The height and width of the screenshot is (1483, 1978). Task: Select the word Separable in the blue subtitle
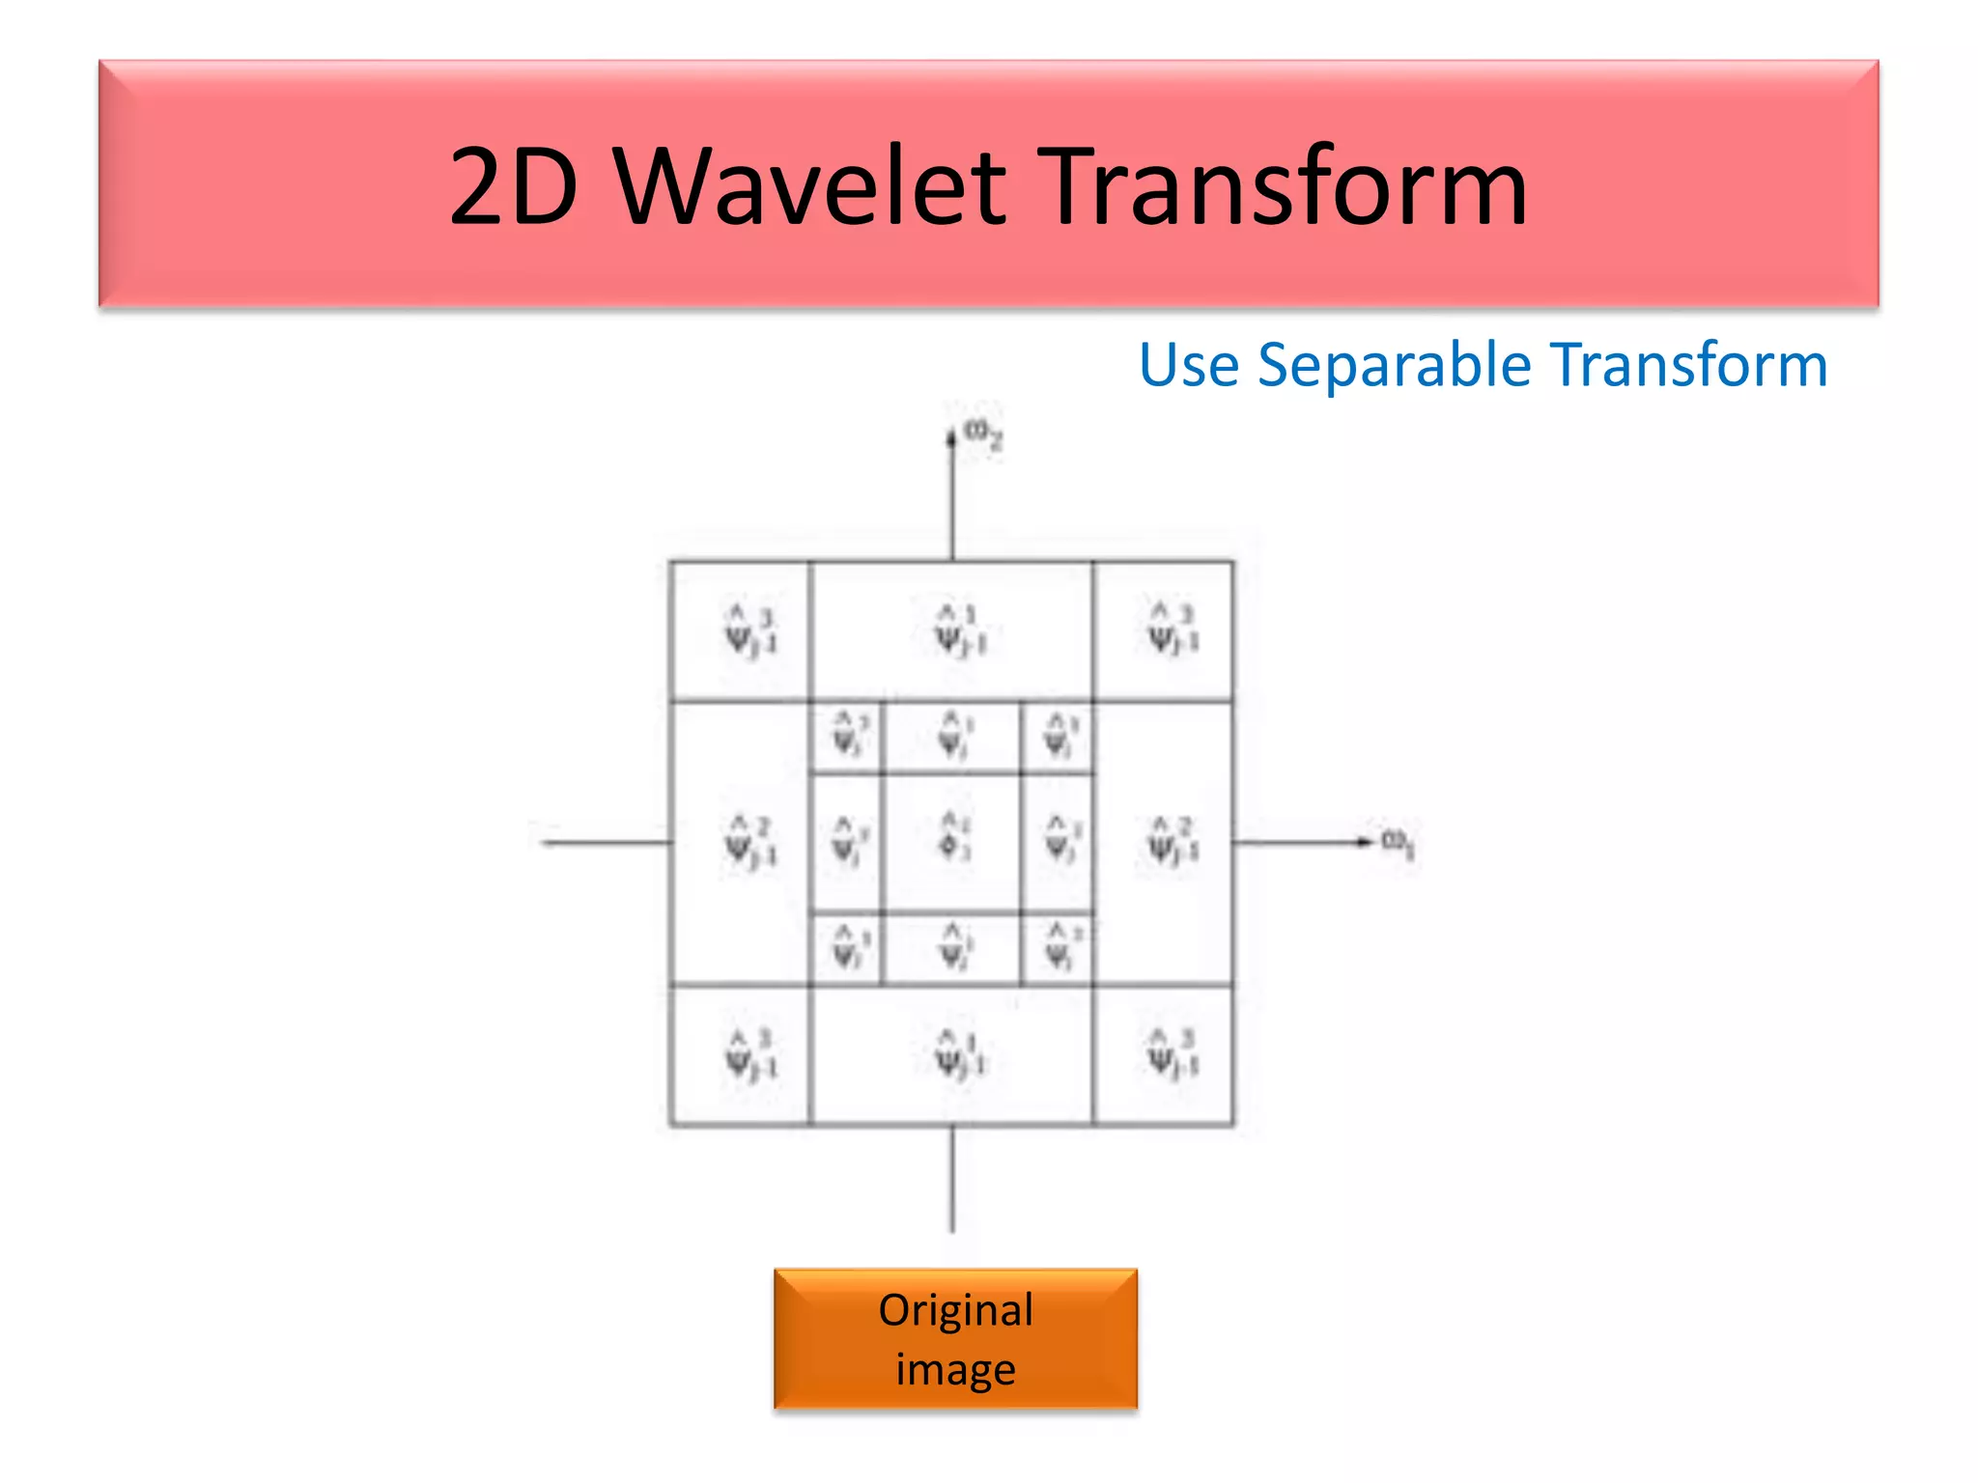1395,365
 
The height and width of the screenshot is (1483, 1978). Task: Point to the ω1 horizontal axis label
1397,843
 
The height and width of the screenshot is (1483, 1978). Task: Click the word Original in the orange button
955,1310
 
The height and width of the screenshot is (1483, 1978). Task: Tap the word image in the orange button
955,1369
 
